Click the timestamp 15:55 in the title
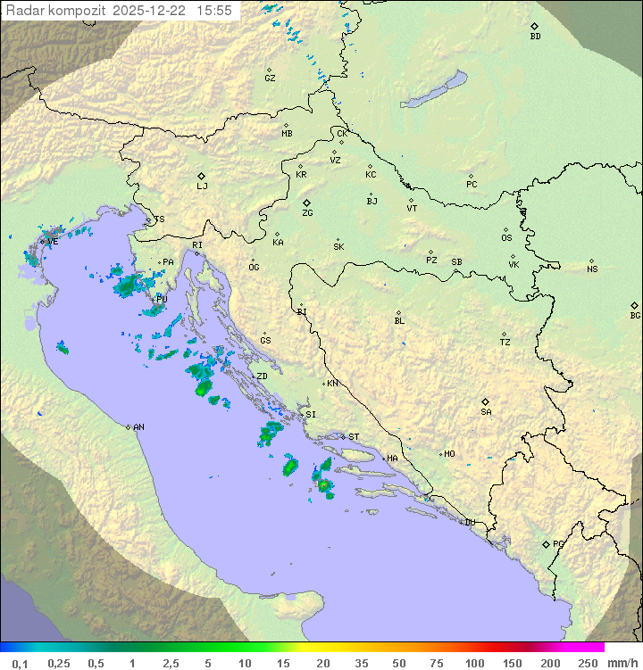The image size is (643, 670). click(214, 10)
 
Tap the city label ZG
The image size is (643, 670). click(307, 214)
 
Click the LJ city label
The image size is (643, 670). click(202, 186)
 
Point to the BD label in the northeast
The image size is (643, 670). click(535, 37)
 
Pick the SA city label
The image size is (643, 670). click(486, 412)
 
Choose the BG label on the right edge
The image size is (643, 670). click(635, 316)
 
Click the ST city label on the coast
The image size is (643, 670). click(354, 437)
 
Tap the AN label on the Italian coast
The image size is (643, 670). click(138, 427)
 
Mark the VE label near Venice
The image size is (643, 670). click(53, 242)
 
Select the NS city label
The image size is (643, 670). click(592, 269)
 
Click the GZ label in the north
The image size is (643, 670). click(270, 79)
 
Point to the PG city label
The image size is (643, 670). click(558, 543)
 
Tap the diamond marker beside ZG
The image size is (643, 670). click(306, 203)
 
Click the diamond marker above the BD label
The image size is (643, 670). click(534, 26)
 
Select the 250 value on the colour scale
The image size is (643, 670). click(587, 663)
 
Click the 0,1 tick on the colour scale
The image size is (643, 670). click(19, 663)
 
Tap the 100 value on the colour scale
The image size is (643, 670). click(474, 663)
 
